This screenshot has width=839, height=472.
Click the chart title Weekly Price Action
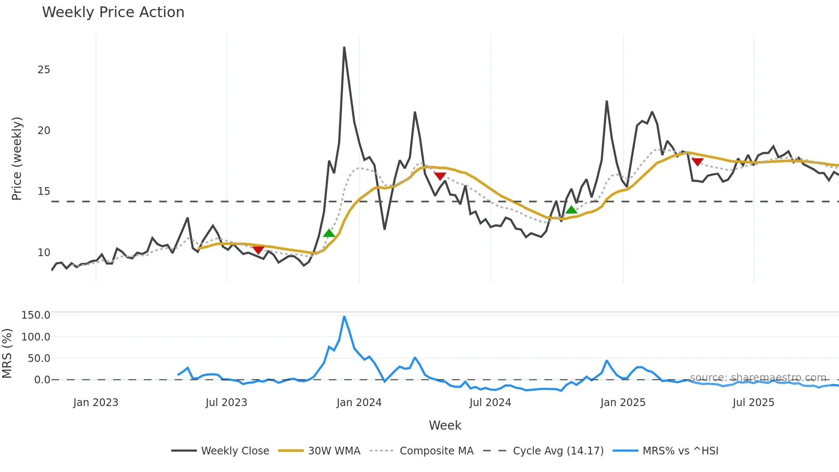tap(113, 12)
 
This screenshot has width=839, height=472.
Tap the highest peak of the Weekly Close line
tap(344, 48)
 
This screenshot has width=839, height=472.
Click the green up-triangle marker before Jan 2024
tap(329, 233)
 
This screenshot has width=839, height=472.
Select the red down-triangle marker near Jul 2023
tap(258, 250)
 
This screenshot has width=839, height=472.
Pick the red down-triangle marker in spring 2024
tap(440, 176)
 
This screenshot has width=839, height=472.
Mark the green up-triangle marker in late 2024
tap(571, 210)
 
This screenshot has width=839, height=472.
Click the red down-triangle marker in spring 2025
tap(697, 162)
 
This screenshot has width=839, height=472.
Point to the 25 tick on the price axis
tap(44, 69)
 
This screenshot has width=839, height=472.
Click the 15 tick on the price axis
tap(44, 191)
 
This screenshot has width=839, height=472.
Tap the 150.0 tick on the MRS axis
tap(36, 315)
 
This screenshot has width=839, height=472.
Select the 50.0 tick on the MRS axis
tap(39, 358)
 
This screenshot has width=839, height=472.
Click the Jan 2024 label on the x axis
tap(359, 403)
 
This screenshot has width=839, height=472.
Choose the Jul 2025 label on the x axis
tap(753, 403)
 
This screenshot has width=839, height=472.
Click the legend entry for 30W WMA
tap(334, 451)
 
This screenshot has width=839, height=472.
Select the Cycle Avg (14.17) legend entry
tap(558, 451)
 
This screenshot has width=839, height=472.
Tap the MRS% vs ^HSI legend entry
tap(680, 451)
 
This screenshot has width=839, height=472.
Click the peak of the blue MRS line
tap(344, 317)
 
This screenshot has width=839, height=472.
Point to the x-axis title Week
tap(445, 425)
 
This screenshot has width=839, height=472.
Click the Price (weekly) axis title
tap(17, 158)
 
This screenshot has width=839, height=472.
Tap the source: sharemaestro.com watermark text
tap(758, 378)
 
